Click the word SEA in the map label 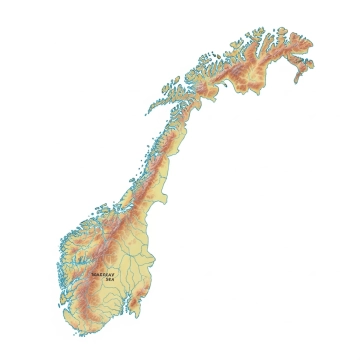click(x=109, y=279)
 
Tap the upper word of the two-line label click(x=103, y=273)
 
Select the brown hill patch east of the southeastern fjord click(x=150, y=300)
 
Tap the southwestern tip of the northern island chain click(x=148, y=107)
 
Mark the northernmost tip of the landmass click(x=262, y=29)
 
